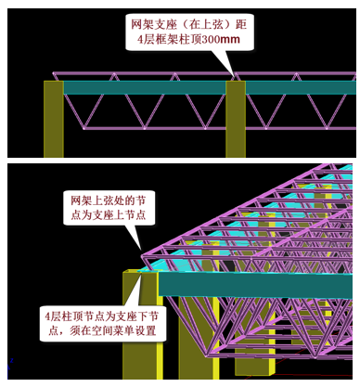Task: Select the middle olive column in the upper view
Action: [x=235, y=118]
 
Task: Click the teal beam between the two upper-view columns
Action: [x=144, y=88]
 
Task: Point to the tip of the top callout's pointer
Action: [x=231, y=76]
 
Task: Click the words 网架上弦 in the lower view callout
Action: [x=86, y=199]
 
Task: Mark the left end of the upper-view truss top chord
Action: [x=54, y=74]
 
